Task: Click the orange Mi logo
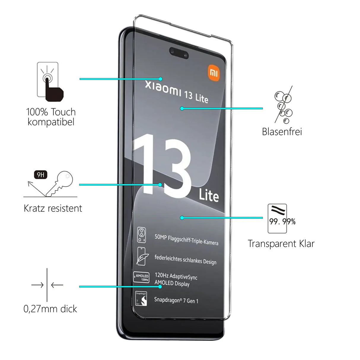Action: [214, 73]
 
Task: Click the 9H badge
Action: [41, 175]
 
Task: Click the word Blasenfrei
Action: [282, 132]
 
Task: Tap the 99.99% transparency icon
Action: [279, 219]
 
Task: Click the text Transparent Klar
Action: [281, 244]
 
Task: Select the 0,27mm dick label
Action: [50, 309]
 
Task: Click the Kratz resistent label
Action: [53, 208]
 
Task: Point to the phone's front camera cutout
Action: [179, 53]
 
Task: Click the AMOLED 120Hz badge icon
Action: [142, 277]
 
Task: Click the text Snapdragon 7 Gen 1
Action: [176, 300]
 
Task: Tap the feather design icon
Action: [141, 256]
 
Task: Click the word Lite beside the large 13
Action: [209, 195]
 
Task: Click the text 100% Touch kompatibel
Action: [51, 117]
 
